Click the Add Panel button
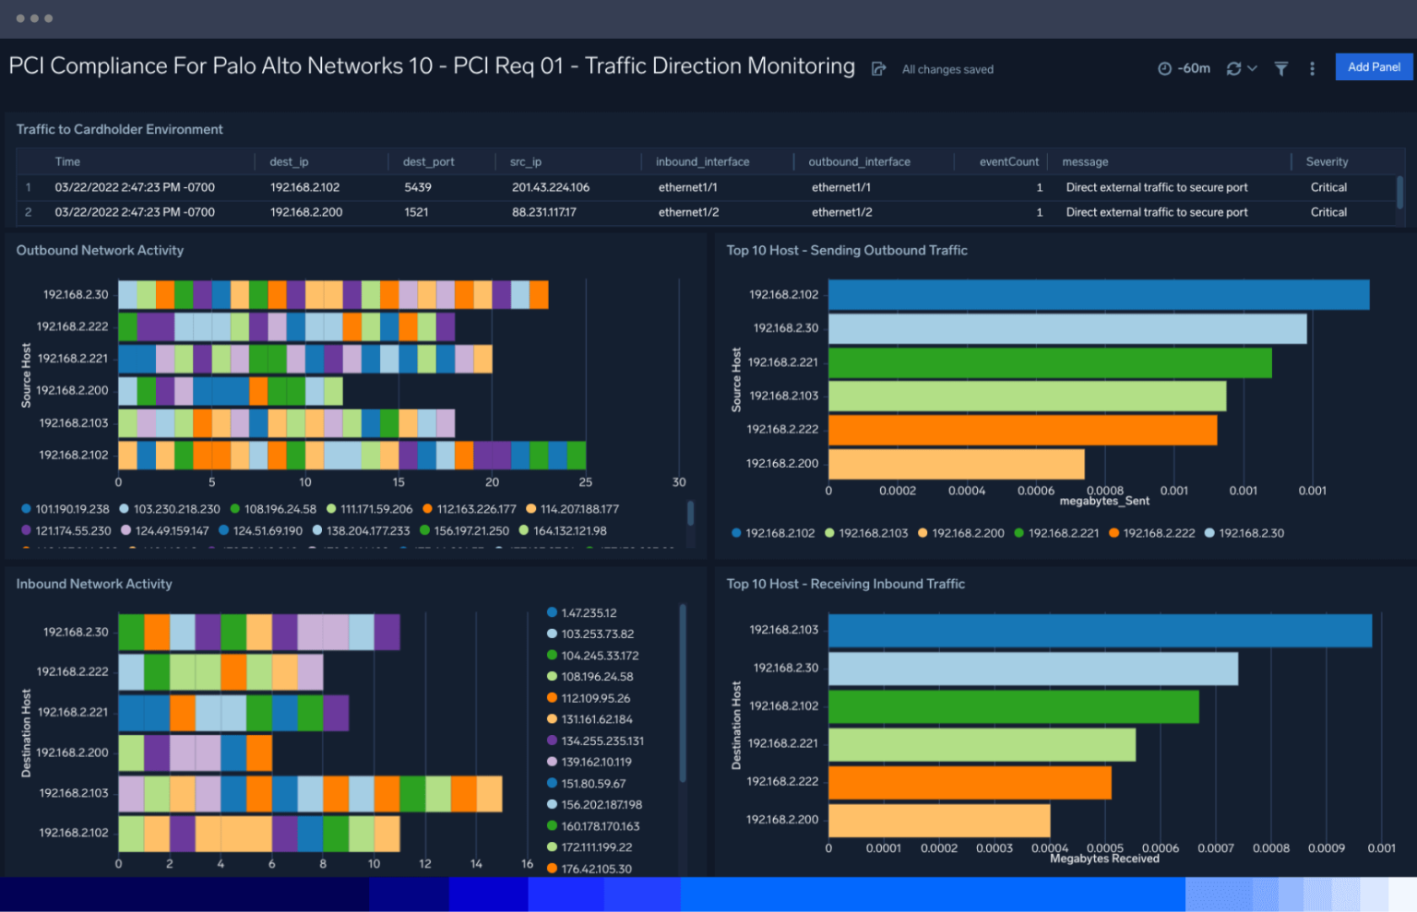point(1374,67)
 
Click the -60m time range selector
point(1185,68)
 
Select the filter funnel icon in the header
point(1281,68)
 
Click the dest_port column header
point(428,162)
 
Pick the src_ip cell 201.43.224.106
point(551,187)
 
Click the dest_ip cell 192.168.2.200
point(306,212)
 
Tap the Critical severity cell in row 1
point(1328,187)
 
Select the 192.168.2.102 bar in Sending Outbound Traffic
point(1098,295)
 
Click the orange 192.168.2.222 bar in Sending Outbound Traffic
point(1022,430)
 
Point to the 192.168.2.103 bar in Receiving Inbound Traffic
point(1100,631)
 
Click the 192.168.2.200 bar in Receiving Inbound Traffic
point(939,820)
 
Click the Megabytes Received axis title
point(1104,859)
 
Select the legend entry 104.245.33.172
point(600,656)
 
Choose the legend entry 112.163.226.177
point(476,509)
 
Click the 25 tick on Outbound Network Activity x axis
point(586,482)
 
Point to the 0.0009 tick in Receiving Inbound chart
point(1326,848)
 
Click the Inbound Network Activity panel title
point(94,584)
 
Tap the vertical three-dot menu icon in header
point(1312,68)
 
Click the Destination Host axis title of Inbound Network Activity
point(26,733)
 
